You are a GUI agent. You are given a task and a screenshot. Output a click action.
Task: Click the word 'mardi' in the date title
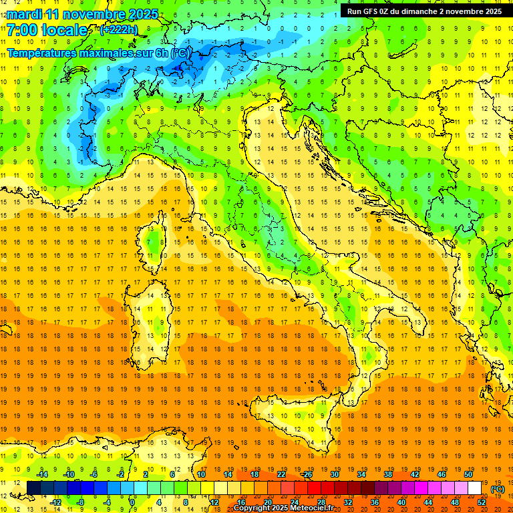tap(25, 14)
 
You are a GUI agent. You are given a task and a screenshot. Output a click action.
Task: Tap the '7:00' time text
tap(21, 31)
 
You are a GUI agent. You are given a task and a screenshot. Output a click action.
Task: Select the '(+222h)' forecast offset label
tap(118, 30)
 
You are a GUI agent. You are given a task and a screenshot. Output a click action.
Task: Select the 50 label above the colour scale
tap(468, 474)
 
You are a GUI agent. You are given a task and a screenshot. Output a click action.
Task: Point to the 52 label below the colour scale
tap(482, 502)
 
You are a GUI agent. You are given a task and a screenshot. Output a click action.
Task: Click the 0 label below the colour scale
tap(133, 502)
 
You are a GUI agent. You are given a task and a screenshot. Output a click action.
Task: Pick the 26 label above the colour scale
tap(308, 474)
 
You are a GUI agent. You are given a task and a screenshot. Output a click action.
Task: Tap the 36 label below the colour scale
tap(374, 502)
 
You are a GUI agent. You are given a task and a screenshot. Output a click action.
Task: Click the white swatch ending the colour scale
tap(474, 488)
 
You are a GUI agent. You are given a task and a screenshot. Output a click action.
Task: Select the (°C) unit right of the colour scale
tap(498, 489)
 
